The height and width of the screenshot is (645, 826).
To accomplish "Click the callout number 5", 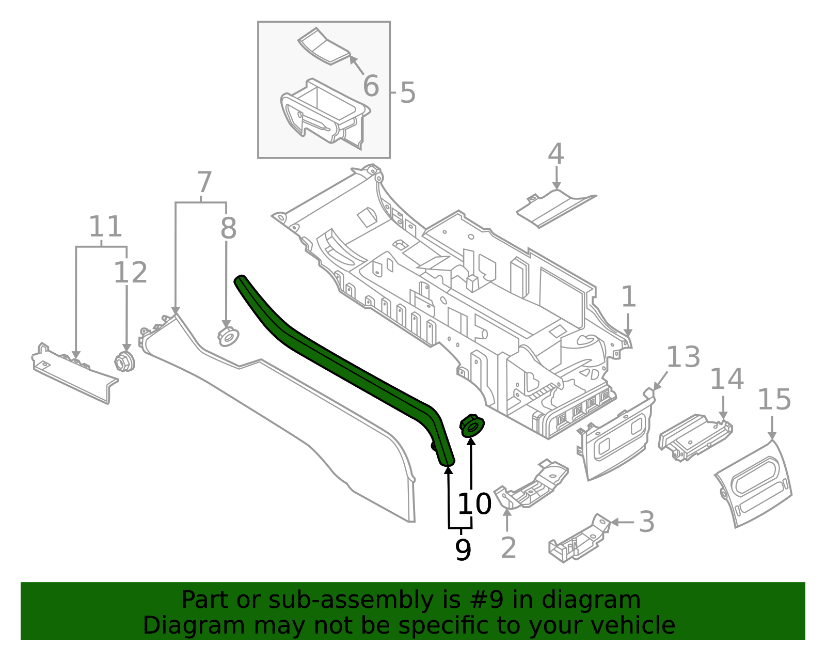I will [x=407, y=93].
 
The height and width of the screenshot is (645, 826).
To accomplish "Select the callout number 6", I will [x=371, y=86].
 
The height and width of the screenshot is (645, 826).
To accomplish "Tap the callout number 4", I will [x=555, y=154].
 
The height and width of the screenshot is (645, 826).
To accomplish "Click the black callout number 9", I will [x=463, y=550].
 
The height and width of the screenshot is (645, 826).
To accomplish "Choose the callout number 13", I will [x=684, y=357].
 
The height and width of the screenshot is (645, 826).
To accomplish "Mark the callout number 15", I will [x=774, y=400].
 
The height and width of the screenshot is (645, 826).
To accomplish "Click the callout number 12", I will [x=130, y=272].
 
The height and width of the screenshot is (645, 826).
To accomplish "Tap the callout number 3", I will [x=647, y=522].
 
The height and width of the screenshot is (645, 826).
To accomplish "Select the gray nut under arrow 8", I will [x=227, y=337].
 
